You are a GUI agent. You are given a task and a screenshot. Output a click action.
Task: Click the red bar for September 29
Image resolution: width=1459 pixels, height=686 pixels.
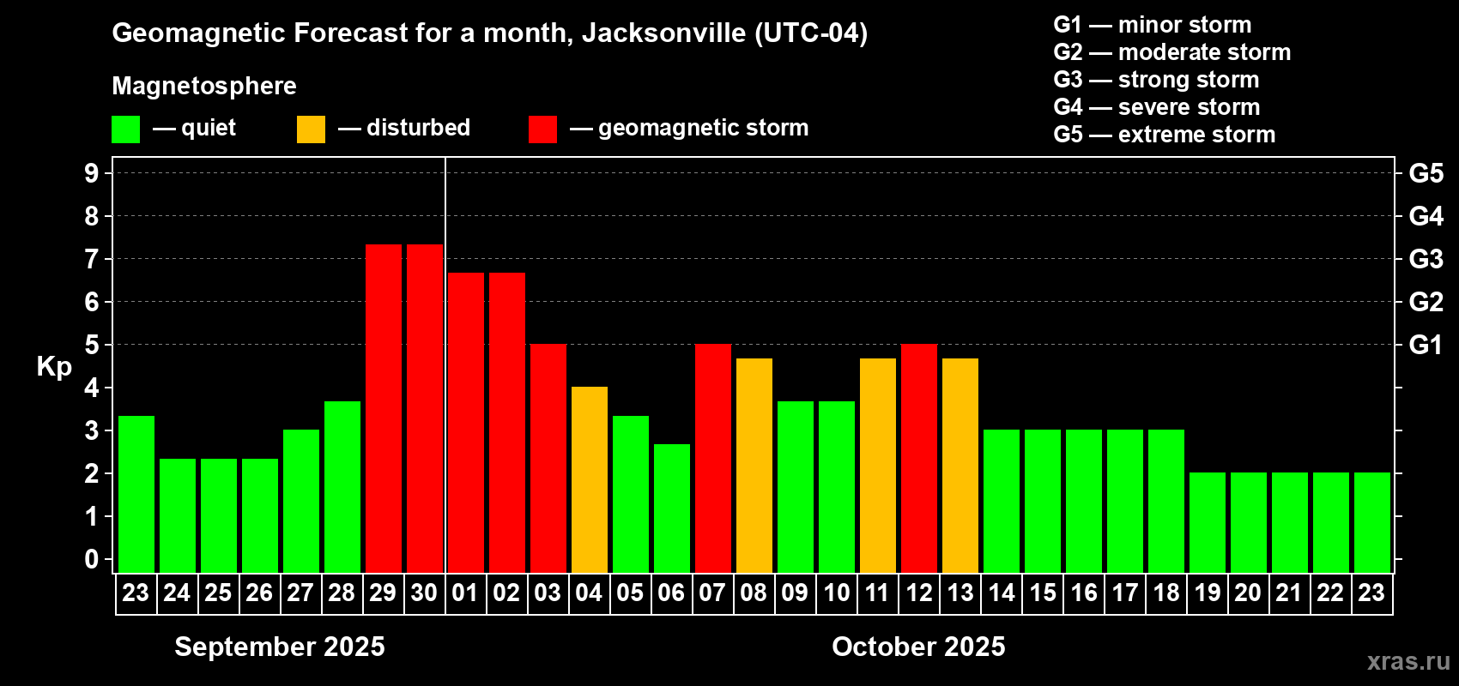(x=383, y=408)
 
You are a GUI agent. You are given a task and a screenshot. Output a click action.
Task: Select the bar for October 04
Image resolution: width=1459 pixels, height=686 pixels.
(x=589, y=479)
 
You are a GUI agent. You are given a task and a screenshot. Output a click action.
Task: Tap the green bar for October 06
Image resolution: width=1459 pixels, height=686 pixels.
(x=671, y=508)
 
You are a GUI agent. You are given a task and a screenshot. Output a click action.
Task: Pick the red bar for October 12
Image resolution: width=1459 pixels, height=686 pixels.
(x=918, y=458)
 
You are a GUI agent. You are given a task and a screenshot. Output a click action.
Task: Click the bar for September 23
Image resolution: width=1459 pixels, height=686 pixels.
(x=136, y=494)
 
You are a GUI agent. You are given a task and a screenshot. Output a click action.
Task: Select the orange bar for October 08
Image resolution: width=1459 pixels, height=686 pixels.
(x=754, y=465)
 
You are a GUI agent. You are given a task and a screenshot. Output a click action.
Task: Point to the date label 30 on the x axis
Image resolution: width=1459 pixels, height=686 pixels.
(x=424, y=593)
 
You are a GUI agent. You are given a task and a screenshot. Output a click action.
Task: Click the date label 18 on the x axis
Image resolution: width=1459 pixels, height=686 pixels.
(x=1165, y=593)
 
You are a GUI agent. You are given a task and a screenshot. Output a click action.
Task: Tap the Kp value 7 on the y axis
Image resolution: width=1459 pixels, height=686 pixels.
(x=92, y=259)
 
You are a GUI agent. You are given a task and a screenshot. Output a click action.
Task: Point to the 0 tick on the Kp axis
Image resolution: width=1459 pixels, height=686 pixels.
(x=92, y=559)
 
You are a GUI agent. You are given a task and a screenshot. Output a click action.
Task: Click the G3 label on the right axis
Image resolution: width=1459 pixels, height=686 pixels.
(x=1426, y=259)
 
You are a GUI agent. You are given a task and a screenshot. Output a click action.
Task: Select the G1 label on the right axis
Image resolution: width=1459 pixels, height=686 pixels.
(x=1426, y=345)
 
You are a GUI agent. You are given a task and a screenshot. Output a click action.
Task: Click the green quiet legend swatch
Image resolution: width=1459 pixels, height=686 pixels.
(x=125, y=129)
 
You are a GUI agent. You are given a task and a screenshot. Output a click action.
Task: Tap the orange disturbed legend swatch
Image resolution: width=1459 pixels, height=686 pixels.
(x=311, y=129)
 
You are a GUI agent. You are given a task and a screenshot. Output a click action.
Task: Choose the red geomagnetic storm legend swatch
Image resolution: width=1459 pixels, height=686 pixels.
(x=542, y=129)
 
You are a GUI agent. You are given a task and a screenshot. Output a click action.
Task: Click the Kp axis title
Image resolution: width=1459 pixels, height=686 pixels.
(x=54, y=366)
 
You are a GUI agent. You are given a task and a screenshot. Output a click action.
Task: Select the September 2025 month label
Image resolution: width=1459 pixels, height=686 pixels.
(x=280, y=647)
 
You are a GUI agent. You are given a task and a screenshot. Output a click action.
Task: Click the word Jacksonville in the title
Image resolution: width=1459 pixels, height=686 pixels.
(x=663, y=33)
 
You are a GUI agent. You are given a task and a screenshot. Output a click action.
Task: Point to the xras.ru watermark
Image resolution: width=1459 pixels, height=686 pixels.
(x=1408, y=661)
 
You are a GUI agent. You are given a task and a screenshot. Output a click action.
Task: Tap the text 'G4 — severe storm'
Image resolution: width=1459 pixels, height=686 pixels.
(x=1156, y=107)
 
